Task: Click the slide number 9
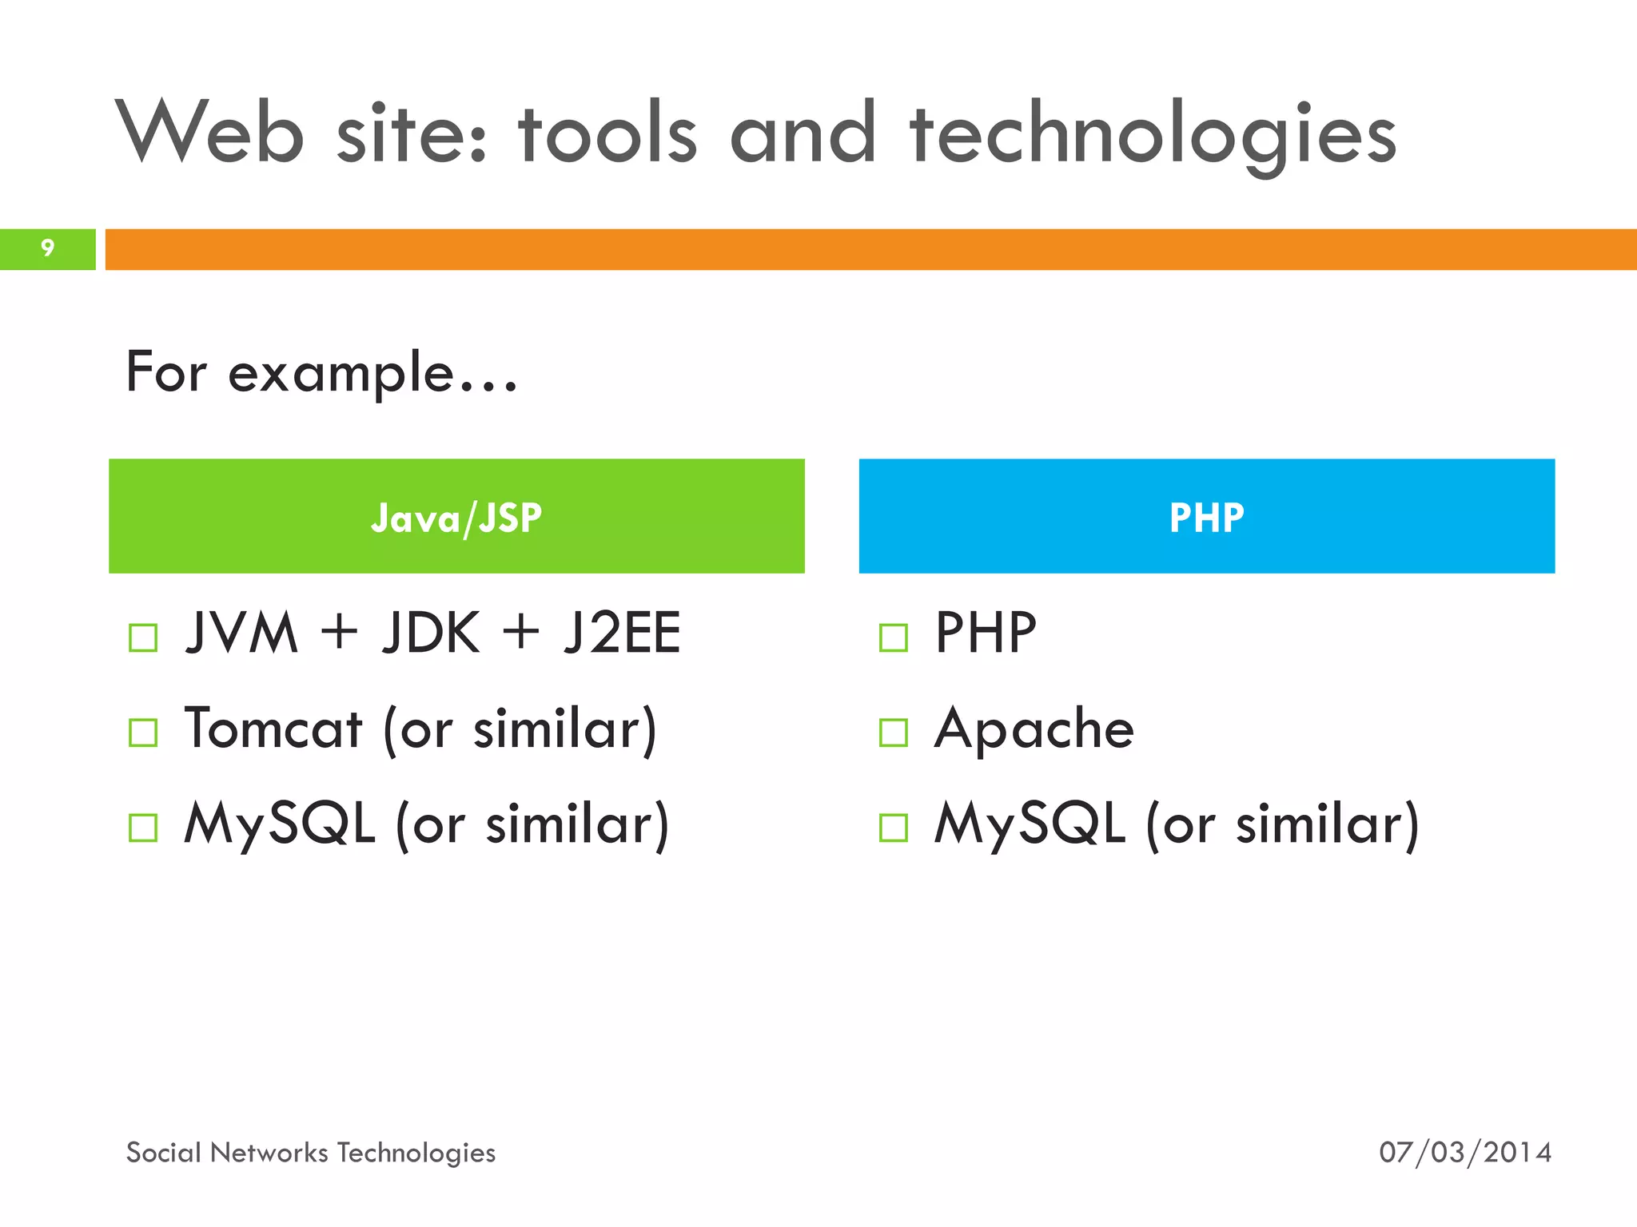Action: [x=48, y=248]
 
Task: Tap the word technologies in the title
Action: [x=1153, y=136]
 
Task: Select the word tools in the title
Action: [x=607, y=133]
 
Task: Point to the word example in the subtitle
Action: [x=341, y=373]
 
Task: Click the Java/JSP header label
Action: [x=456, y=518]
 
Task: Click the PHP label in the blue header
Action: [x=1206, y=518]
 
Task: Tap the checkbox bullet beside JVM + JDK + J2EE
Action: [x=143, y=637]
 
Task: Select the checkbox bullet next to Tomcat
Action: [x=143, y=733]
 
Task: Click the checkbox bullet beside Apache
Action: [x=893, y=733]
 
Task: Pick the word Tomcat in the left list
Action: [x=273, y=729]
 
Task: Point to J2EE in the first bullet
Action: [x=622, y=633]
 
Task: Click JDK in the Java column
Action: [x=431, y=633]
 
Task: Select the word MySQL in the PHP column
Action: [x=1030, y=824]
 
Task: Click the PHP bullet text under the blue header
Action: [x=986, y=633]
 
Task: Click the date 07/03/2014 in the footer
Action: [x=1465, y=1153]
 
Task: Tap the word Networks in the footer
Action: [x=269, y=1153]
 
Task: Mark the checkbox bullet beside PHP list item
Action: [x=893, y=637]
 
